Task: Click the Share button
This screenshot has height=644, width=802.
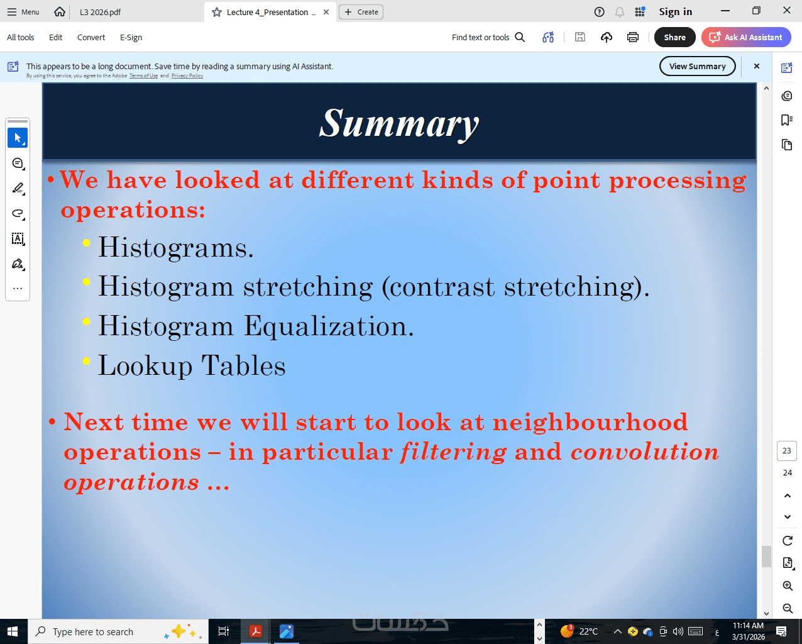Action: (x=674, y=37)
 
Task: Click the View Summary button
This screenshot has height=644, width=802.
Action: (x=697, y=67)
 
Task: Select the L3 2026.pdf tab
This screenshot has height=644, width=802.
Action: (x=100, y=12)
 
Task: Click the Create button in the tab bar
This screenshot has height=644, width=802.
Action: (x=361, y=12)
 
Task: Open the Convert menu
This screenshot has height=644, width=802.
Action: (x=91, y=37)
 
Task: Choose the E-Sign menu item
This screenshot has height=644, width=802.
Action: (x=131, y=37)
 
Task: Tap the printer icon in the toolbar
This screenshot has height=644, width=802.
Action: (x=632, y=37)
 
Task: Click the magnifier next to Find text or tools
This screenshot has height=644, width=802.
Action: (x=520, y=37)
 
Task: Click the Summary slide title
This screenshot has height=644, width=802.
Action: (x=399, y=124)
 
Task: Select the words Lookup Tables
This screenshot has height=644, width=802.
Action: (x=192, y=365)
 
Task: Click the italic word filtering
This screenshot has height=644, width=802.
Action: (x=454, y=452)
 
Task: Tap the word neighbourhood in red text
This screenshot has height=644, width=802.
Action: (x=590, y=423)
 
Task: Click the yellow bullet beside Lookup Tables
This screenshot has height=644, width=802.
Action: (x=86, y=360)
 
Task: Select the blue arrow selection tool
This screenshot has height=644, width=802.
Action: (x=18, y=138)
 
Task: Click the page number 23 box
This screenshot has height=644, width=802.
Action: (x=787, y=450)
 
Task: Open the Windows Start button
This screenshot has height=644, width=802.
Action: (x=13, y=631)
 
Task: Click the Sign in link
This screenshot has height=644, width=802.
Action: (x=675, y=12)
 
